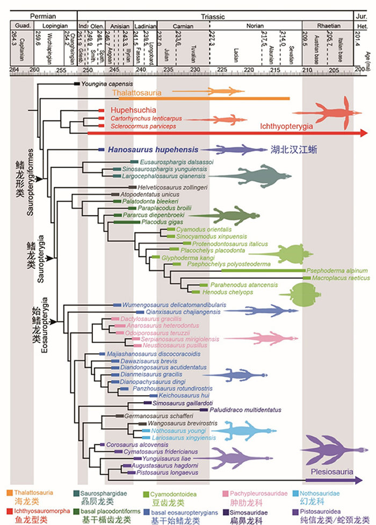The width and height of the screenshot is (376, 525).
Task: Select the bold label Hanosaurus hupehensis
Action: coord(153,150)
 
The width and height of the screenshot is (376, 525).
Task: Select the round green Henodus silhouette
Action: coord(305,293)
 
